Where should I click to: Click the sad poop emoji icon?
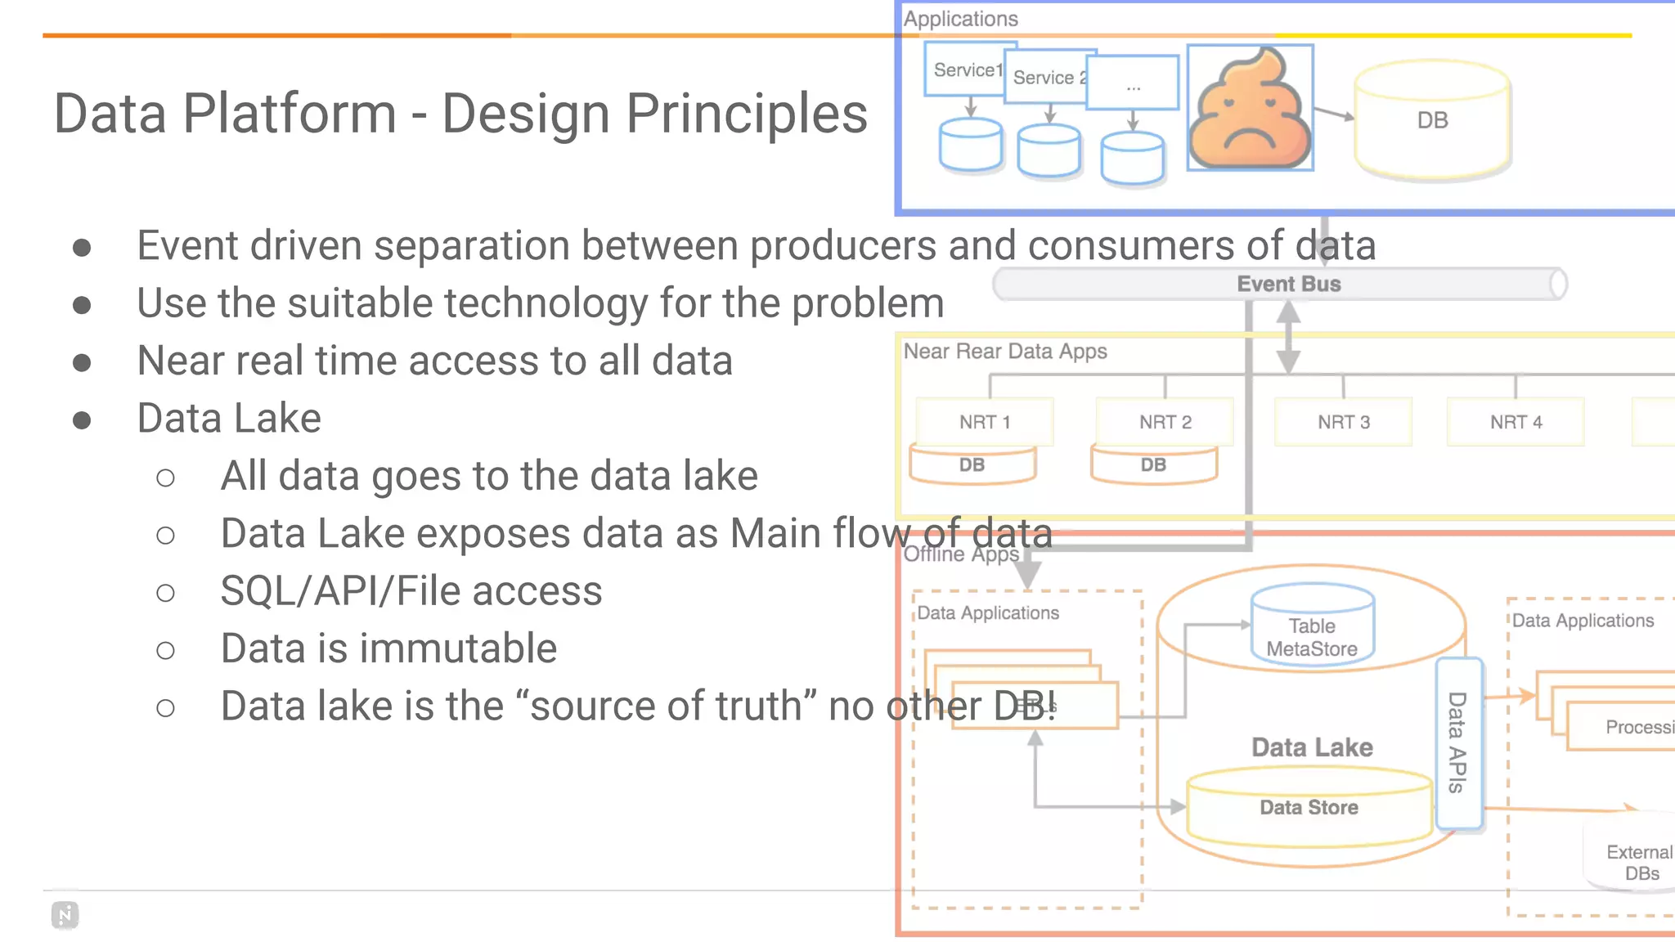click(x=1250, y=108)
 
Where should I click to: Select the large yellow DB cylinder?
click(x=1432, y=119)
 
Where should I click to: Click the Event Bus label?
click(x=1288, y=284)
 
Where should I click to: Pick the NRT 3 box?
click(x=1343, y=422)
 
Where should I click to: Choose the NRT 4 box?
click(x=1516, y=422)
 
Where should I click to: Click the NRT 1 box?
click(x=985, y=422)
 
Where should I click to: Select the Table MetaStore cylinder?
click(x=1312, y=626)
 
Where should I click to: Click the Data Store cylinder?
click(x=1309, y=807)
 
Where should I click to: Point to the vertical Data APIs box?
click(x=1458, y=742)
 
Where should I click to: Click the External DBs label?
click(x=1639, y=862)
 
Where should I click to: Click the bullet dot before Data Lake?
click(x=82, y=420)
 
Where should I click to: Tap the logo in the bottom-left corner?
click(x=65, y=915)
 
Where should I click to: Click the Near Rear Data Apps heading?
click(x=1004, y=352)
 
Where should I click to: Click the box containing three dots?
click(x=1134, y=83)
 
